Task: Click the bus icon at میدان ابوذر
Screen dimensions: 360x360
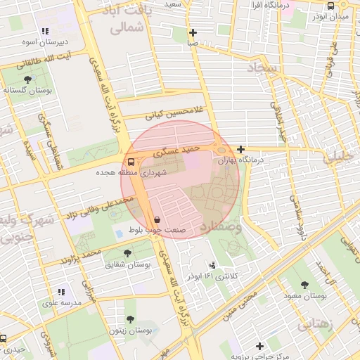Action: tap(330, 6)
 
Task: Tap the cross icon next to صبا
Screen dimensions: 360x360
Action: tap(193, 32)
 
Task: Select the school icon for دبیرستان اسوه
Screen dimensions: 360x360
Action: tap(45, 31)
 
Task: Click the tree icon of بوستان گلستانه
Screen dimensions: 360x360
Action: tap(27, 79)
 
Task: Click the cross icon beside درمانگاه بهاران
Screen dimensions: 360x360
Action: tap(241, 149)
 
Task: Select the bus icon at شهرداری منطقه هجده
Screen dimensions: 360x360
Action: tap(132, 161)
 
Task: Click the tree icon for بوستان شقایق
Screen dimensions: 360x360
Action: tap(127, 253)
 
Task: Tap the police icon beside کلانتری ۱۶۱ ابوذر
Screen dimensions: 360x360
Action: tap(213, 265)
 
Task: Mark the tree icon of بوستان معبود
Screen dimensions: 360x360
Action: tap(304, 285)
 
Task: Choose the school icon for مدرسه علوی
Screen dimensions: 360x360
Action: tap(61, 292)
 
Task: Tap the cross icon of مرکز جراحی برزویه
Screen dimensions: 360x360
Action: tap(259, 346)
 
